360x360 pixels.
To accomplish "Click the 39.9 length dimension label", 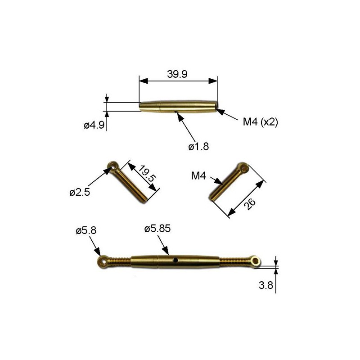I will (178, 75).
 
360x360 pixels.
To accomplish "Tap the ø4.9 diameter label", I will (94, 126).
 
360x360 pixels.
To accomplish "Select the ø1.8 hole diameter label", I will (199, 146).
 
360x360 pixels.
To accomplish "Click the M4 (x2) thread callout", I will (259, 122).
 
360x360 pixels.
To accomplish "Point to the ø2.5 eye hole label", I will (80, 193).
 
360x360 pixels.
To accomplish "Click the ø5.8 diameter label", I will (86, 231).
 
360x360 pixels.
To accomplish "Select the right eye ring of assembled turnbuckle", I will (257, 261).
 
